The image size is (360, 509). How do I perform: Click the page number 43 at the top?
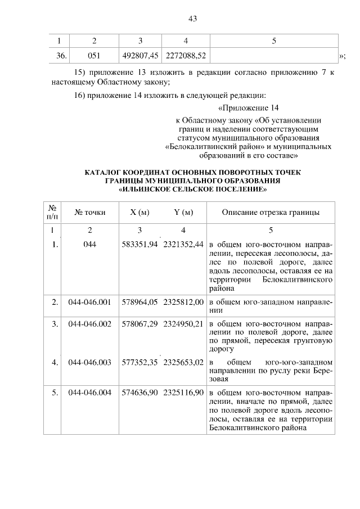pos(192,19)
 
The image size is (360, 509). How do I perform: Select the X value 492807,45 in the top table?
pos(140,56)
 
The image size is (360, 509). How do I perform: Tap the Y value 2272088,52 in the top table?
pos(186,56)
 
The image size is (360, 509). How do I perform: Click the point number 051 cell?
pos(94,56)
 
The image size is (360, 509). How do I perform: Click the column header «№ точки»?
pos(90,212)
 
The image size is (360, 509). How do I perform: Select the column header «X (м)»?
pos(139,212)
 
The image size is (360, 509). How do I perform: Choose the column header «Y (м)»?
pos(183,212)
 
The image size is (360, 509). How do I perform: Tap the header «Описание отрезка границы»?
pos(271,212)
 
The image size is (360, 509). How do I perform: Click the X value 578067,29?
pos(141,325)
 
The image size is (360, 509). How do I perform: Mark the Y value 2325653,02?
pos(183,363)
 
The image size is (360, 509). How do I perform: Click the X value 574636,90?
pos(141,392)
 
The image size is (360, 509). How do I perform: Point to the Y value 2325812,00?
pos(183,302)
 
